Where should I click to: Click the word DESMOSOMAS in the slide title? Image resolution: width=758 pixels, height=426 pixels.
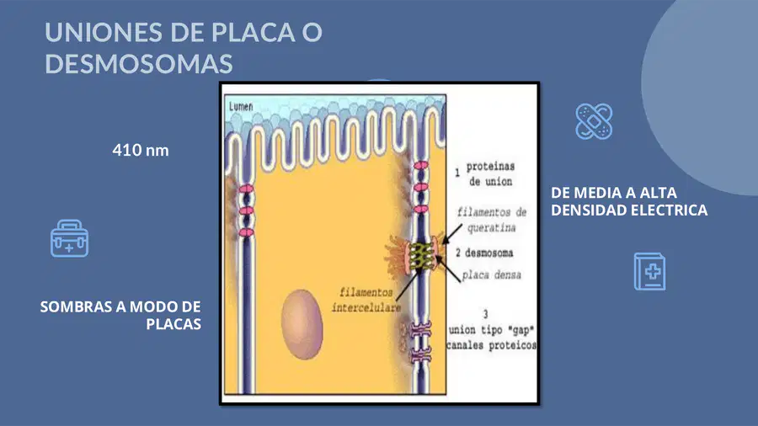tap(139, 64)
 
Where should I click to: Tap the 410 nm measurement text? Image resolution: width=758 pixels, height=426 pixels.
tap(141, 150)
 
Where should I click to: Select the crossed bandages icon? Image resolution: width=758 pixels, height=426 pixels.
tap(594, 121)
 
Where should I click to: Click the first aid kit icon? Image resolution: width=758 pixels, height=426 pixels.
tap(70, 238)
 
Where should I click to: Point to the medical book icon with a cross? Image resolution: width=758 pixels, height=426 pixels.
tap(649, 271)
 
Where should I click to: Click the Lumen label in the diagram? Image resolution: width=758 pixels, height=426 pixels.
tap(241, 106)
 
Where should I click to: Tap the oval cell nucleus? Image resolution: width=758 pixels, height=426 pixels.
tap(302, 324)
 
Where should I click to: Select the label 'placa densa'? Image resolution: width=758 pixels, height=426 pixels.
tap(492, 275)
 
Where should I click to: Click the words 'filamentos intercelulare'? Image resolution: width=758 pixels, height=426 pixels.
tap(366, 300)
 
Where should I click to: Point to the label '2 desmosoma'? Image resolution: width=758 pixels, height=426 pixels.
tap(484, 253)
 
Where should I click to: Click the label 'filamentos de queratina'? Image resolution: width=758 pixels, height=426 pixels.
tap(492, 220)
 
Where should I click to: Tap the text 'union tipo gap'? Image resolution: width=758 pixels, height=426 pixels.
tap(491, 330)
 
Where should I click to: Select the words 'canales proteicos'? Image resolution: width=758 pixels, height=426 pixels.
tap(491, 345)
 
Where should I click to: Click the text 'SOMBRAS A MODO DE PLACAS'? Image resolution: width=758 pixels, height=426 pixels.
tap(120, 315)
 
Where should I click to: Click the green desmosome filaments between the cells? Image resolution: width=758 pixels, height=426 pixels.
tap(420, 256)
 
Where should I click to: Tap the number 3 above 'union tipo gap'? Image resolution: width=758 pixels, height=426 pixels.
tap(485, 314)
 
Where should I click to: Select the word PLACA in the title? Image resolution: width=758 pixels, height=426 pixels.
tap(254, 32)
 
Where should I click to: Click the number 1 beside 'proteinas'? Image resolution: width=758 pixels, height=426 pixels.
tap(457, 173)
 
